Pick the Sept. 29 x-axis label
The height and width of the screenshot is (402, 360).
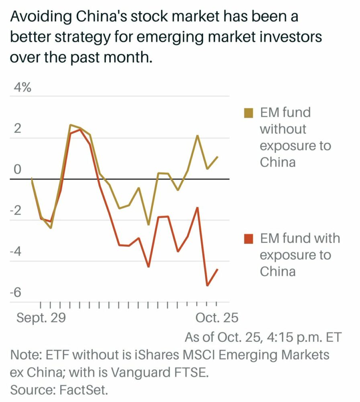[40, 318]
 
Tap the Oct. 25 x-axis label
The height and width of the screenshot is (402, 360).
[217, 318]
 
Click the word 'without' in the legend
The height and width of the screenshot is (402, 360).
[283, 129]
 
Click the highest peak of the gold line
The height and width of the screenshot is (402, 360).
[70, 125]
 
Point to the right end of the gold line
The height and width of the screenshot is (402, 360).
[217, 157]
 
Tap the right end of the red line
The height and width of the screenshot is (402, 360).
[217, 269]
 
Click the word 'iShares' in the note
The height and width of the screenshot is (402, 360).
[153, 355]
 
